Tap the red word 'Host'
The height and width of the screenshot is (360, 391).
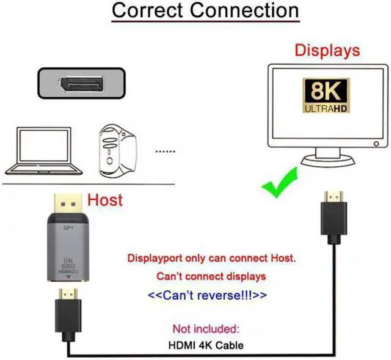click(x=104, y=200)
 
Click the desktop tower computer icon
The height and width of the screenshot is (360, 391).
click(x=118, y=150)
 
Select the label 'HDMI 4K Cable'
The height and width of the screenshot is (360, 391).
click(x=205, y=345)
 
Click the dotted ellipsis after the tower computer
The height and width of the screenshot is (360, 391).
click(x=165, y=150)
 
